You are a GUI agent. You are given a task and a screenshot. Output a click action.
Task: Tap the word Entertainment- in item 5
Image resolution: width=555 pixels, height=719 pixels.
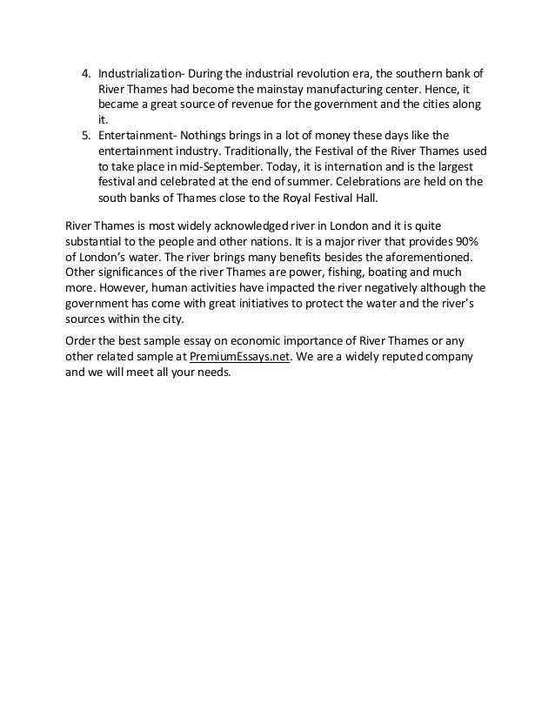pos(137,135)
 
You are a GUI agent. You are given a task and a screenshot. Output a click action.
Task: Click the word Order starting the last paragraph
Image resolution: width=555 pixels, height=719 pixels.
pos(84,340)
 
